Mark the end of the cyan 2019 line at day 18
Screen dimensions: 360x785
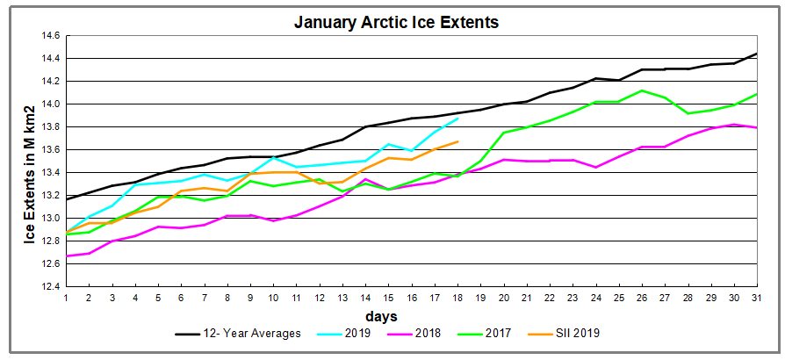[457, 119]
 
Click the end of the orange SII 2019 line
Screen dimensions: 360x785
[457, 141]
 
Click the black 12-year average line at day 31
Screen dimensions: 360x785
[756, 54]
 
